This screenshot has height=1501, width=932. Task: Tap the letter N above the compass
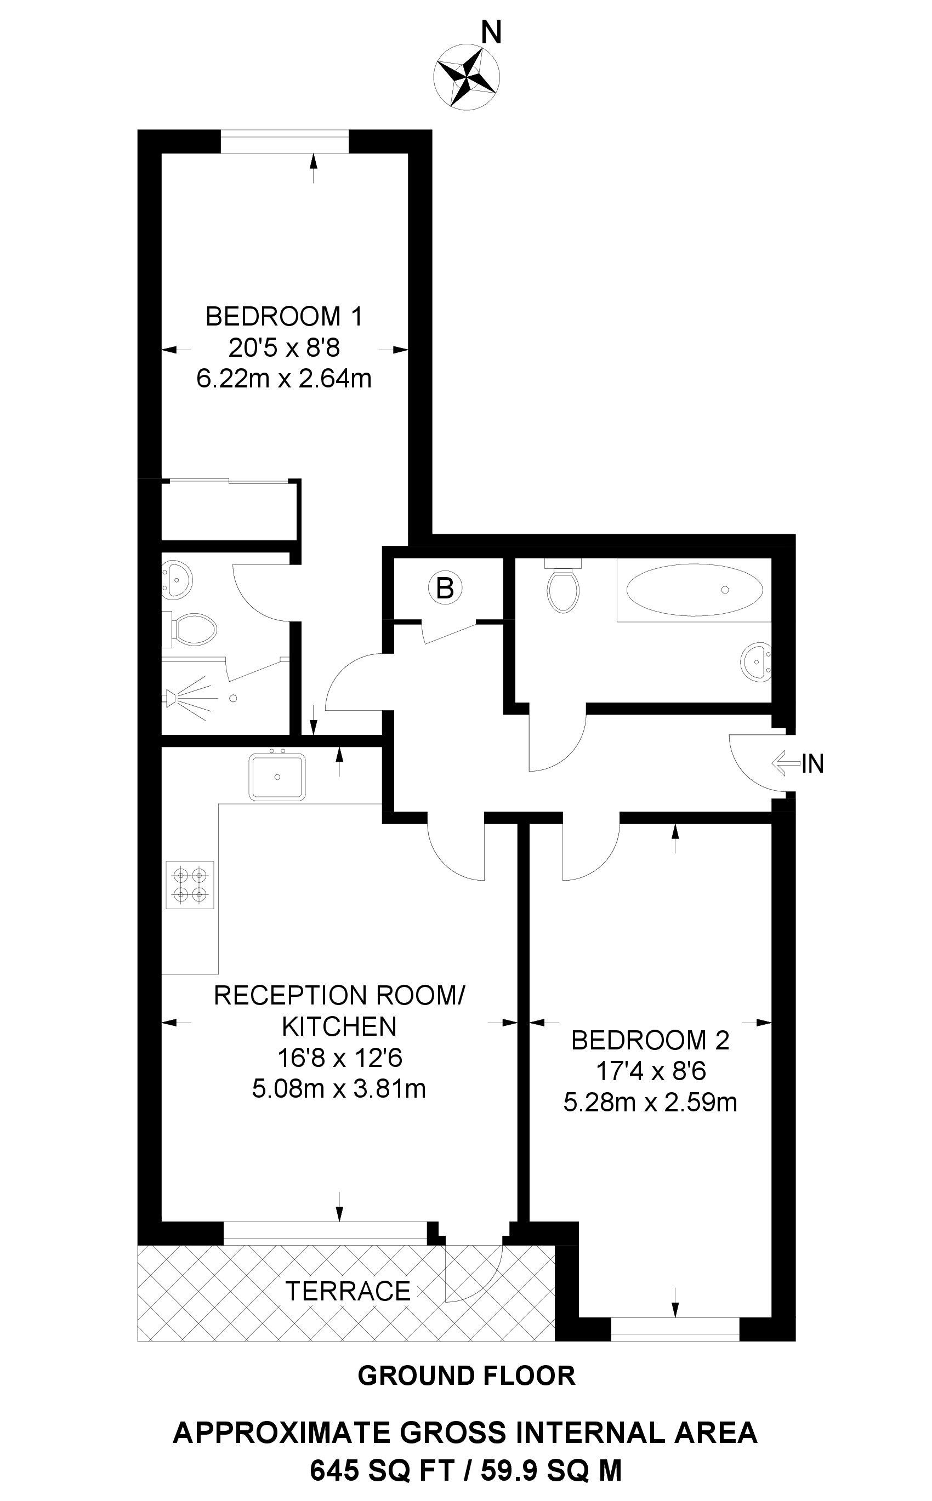[x=491, y=33]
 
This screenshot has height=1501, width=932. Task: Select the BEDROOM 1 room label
[x=283, y=317]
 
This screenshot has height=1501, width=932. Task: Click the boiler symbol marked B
[x=445, y=589]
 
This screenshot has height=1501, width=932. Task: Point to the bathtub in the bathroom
[x=694, y=590]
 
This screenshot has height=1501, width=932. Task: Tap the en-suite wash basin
[x=178, y=578]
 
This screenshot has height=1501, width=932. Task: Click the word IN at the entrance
[x=812, y=764]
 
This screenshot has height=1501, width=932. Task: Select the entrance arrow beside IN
[x=785, y=763]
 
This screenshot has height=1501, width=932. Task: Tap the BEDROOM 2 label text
[x=650, y=1041]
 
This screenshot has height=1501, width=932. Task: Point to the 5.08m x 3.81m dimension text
[x=338, y=1089]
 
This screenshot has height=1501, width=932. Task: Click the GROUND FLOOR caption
[x=466, y=1376]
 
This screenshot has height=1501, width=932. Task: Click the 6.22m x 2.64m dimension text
[x=283, y=378]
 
